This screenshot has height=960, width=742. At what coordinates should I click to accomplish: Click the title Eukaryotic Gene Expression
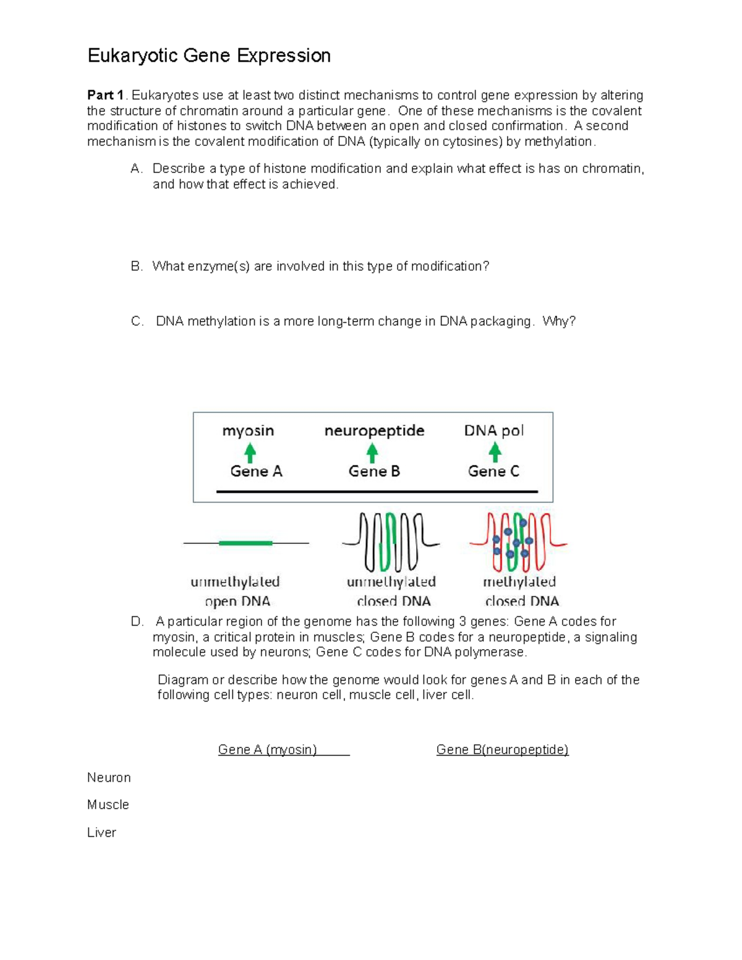click(x=209, y=56)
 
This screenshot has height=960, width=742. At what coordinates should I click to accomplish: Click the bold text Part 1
click(x=105, y=95)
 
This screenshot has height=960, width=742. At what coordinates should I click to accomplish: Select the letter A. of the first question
click(x=137, y=169)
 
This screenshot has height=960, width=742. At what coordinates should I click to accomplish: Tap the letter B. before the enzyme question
click(x=137, y=266)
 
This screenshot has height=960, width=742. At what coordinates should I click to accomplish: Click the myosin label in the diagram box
click(x=248, y=431)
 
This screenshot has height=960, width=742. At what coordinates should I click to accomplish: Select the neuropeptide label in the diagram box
click(x=374, y=431)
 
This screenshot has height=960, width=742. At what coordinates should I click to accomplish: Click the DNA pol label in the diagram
click(x=493, y=431)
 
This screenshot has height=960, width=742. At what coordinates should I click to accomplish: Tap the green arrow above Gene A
click(x=250, y=452)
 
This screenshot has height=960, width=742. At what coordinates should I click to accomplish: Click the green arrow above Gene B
click(x=372, y=452)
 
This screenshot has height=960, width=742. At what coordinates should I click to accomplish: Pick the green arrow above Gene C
click(x=495, y=452)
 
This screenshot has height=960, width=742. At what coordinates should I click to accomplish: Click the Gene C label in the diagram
click(x=493, y=472)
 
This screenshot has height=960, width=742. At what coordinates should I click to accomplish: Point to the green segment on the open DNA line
click(x=245, y=543)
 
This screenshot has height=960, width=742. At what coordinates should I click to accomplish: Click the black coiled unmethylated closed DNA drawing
click(x=391, y=542)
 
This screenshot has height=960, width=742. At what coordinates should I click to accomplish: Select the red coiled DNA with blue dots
click(x=518, y=542)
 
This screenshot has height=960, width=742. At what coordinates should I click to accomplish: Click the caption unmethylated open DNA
click(x=236, y=591)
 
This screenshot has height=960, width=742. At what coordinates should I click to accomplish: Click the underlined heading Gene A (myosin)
click(x=268, y=750)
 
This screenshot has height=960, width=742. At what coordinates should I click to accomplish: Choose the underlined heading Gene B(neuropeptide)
click(x=502, y=750)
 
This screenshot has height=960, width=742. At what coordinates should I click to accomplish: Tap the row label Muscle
click(x=108, y=805)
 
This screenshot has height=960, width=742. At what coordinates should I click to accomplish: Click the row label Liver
click(x=101, y=833)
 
